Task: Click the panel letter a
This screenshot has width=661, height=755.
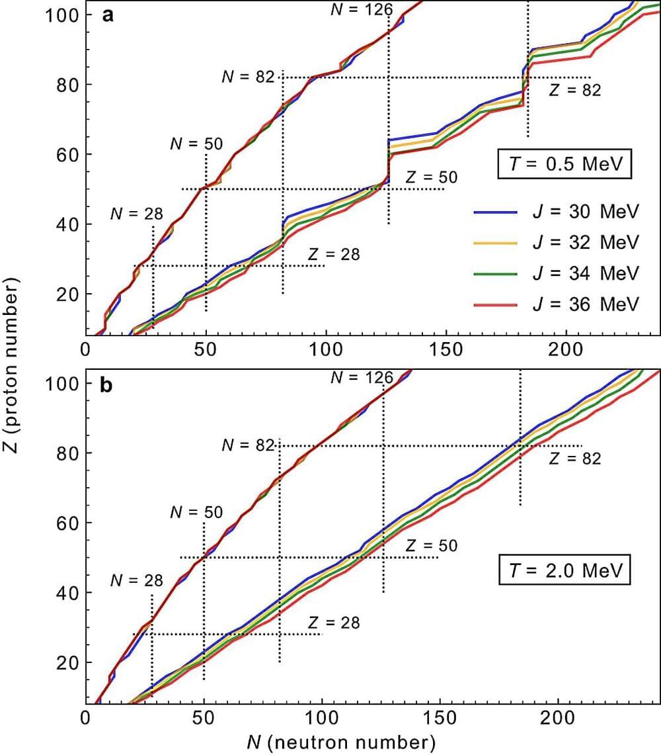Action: point(107,15)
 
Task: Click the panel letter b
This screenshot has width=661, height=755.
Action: point(107,385)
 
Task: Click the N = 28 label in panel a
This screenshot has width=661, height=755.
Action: point(136,214)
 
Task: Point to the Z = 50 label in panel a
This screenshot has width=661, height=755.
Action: point(431,177)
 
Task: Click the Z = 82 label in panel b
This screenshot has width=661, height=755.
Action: point(575,458)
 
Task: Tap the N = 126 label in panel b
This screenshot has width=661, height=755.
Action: point(362,378)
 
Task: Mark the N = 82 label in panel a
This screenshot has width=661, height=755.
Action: point(248,77)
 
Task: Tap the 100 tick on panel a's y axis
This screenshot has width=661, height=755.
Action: point(63,15)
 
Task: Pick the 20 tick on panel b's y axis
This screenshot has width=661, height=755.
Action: point(69,662)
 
